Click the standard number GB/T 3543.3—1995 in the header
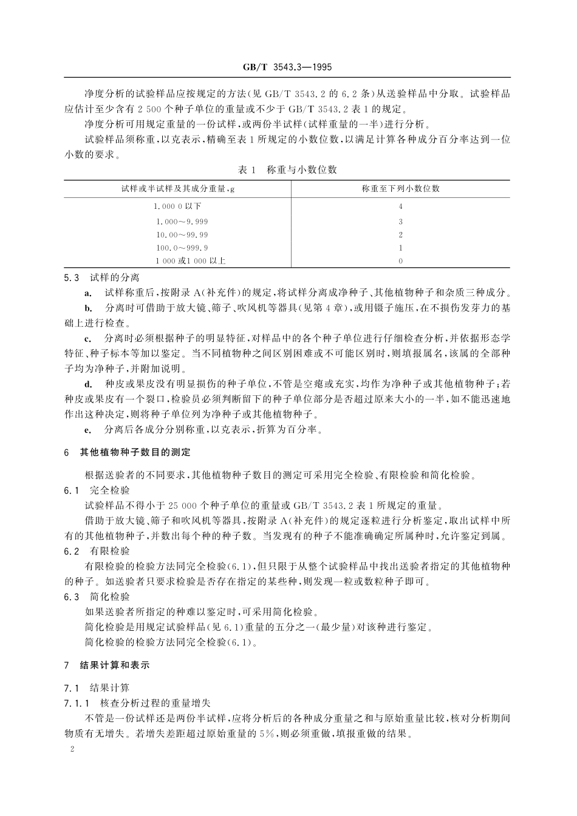point(288,67)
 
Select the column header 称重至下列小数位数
point(400,188)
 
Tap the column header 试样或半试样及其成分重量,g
point(178,188)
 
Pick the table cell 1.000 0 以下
point(178,206)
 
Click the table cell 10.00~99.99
point(182,235)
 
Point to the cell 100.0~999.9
point(182,248)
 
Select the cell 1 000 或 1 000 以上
point(182,261)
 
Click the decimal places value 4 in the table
point(400,206)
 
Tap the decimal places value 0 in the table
point(400,261)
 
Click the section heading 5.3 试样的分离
point(101,278)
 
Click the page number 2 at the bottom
point(72,750)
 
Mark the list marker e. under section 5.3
point(88,430)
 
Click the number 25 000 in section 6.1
point(179,505)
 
